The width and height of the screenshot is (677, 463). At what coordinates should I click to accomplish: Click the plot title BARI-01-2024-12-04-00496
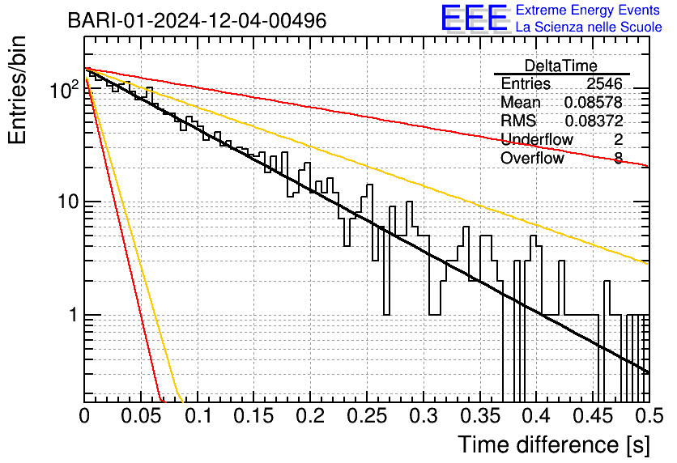click(x=198, y=20)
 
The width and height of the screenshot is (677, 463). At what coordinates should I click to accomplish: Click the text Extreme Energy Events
click(x=589, y=10)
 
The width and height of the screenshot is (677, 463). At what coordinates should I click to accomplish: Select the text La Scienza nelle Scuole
click(x=589, y=27)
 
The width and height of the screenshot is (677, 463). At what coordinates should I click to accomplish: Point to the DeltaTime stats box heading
click(x=561, y=66)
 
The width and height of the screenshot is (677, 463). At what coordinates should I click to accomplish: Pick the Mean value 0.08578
click(x=593, y=103)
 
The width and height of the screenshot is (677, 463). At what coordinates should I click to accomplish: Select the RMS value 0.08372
click(x=593, y=121)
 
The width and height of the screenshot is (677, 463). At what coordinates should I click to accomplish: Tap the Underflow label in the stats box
click(x=537, y=139)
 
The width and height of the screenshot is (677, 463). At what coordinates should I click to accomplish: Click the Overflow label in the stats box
click(x=532, y=158)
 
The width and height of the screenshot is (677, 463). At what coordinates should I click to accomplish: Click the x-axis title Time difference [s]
click(x=551, y=444)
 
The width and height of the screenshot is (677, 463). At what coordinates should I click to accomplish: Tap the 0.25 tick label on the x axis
click(x=366, y=417)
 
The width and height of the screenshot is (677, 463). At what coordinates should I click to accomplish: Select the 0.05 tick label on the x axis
click(x=141, y=417)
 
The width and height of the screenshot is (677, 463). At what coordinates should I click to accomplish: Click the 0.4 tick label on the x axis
click(x=536, y=417)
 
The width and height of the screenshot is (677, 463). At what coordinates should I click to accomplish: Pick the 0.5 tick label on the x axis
click(x=648, y=417)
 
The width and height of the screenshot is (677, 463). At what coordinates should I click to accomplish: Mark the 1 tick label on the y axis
click(x=71, y=315)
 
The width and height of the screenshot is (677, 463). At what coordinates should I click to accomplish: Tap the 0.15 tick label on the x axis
click(x=253, y=417)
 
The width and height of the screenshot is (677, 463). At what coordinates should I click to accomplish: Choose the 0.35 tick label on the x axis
click(x=479, y=417)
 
